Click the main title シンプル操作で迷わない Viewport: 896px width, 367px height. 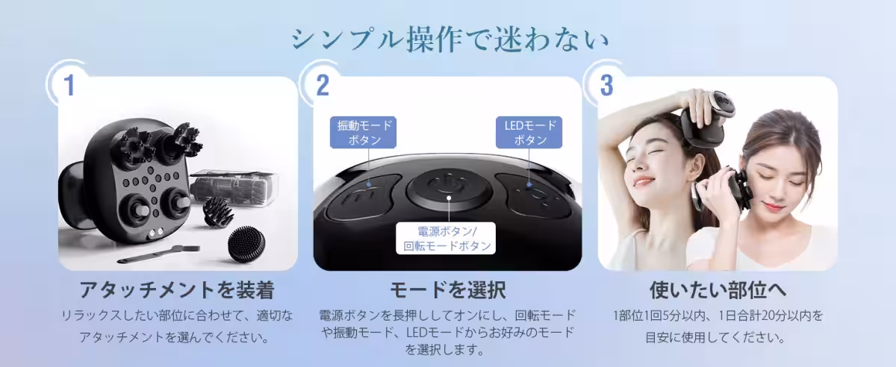coord(448,39)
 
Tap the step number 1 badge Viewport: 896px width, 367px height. coord(69,85)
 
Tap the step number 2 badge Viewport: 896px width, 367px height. coord(323,85)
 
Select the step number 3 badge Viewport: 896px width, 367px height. coord(606,85)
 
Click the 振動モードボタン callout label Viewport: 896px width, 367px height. coord(364,132)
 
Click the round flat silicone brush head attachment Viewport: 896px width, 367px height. coord(247,245)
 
